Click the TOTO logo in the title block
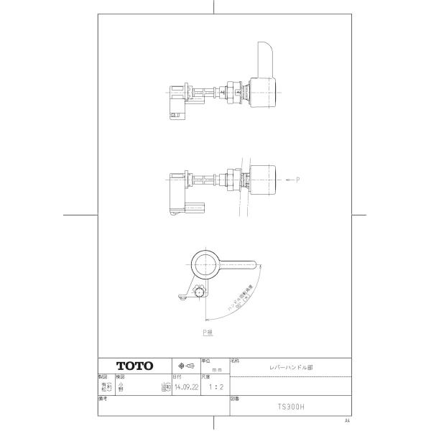[134, 366]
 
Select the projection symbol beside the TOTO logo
[186, 365]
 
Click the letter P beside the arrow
[297, 179]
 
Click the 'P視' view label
[208, 333]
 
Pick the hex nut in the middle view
[231, 180]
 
